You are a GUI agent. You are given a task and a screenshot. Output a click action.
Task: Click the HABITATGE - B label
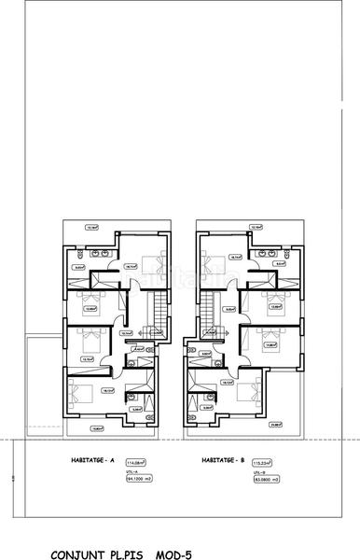[x=222, y=460]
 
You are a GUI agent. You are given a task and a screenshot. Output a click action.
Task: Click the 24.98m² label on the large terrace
[x=276, y=426]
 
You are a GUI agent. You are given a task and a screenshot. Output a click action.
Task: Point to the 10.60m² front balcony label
[x=95, y=428]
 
